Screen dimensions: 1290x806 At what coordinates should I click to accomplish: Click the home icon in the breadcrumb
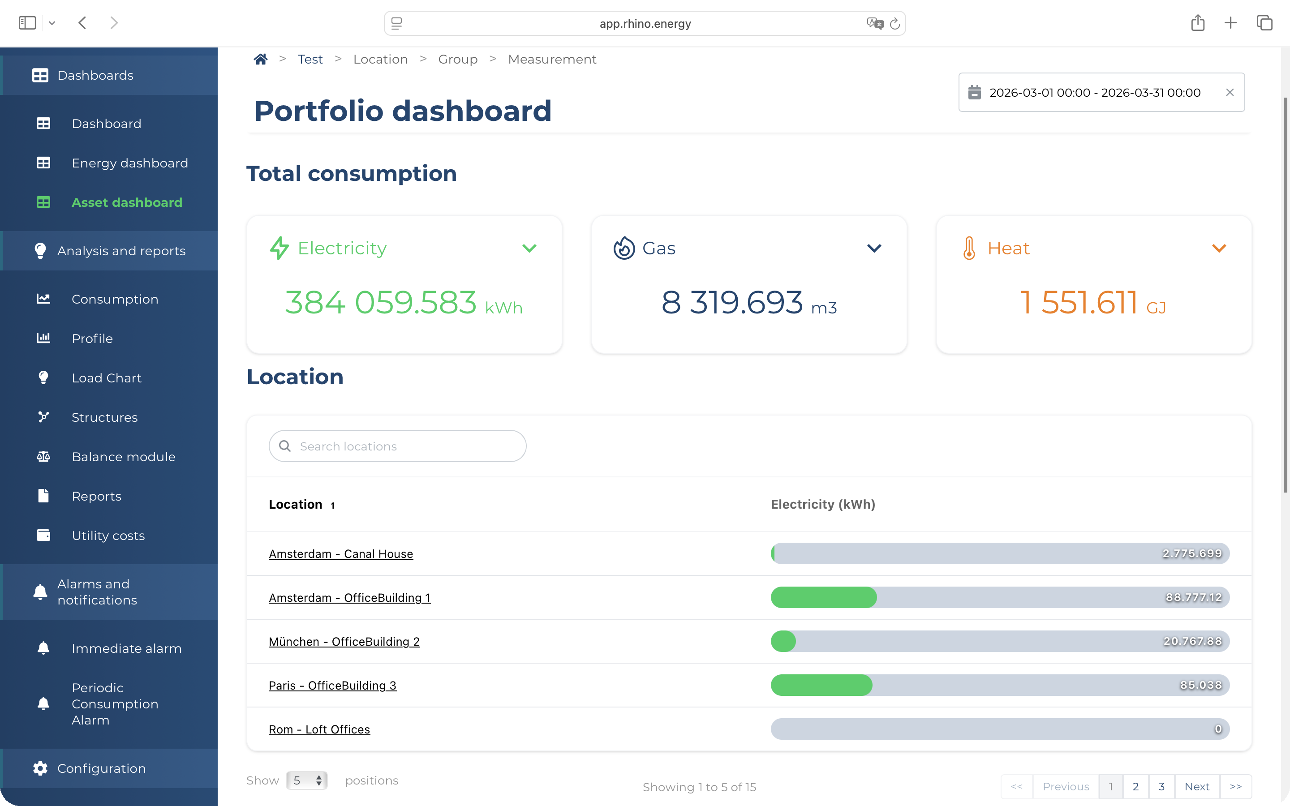coord(260,59)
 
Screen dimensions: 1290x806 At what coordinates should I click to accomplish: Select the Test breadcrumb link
coord(310,59)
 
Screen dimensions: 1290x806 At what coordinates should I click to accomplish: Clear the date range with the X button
coord(1230,92)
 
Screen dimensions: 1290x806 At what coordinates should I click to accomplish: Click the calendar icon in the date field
coord(974,92)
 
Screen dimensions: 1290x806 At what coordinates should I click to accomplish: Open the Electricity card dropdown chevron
coord(529,249)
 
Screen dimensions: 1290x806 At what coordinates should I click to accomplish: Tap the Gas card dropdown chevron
coord(874,249)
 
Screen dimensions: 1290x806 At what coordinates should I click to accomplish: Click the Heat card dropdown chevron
coord(1219,249)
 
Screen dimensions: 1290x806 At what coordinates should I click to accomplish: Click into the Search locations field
coord(398,446)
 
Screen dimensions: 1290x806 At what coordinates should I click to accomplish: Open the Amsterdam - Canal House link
coord(340,554)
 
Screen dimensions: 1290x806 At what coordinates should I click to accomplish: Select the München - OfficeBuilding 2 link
coord(344,641)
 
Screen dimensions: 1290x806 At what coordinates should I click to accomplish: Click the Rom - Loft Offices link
coord(319,729)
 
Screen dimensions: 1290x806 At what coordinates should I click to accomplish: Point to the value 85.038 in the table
coord(1200,685)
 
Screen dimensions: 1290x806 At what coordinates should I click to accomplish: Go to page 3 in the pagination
coord(1161,786)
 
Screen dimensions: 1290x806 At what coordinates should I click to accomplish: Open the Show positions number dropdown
coord(306,780)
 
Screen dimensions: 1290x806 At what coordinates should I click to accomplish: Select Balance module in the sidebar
coord(124,457)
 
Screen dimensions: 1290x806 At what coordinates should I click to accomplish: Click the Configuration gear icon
coord(40,768)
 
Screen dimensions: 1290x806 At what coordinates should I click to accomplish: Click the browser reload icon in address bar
coord(895,23)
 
